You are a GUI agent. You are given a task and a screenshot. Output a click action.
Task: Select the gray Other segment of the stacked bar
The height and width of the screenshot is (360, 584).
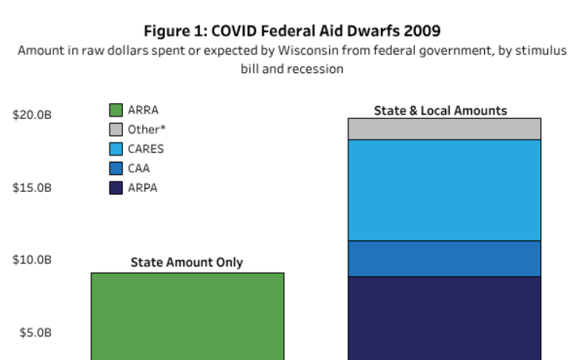pos(444,129)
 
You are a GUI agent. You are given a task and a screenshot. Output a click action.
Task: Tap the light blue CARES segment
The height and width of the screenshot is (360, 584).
pos(444,190)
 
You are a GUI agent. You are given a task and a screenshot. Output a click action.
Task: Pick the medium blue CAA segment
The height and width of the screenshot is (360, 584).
pos(444,259)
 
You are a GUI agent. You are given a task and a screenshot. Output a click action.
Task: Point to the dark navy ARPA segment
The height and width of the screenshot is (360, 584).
pos(444,317)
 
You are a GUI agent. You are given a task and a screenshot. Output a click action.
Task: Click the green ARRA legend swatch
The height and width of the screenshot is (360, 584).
pos(116,110)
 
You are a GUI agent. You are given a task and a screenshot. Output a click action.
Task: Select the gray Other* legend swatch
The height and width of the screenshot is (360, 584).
pos(116,129)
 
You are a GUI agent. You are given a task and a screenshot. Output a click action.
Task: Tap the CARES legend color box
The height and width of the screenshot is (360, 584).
pos(116,148)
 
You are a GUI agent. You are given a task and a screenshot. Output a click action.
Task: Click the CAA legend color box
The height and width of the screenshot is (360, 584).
pos(116,168)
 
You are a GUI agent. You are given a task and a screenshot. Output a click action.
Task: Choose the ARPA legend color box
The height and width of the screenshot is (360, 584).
pos(116,187)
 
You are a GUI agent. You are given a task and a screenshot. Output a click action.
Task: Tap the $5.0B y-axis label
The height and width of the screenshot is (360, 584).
pos(35,333)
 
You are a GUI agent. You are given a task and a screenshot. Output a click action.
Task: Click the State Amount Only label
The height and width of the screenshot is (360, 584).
pos(186,262)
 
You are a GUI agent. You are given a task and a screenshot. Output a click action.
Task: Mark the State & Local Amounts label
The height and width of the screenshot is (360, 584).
pos(440,110)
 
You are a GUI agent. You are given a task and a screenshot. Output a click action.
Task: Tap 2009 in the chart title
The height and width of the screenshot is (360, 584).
pos(424,31)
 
